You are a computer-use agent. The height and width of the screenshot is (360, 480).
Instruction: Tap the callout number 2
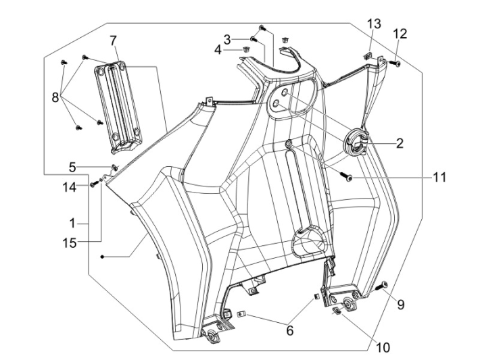coord(400,143)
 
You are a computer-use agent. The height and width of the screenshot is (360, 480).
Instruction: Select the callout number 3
coord(227,38)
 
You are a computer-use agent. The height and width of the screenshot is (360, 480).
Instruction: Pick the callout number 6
coord(289,330)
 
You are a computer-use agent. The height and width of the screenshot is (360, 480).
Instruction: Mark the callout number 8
coord(55,97)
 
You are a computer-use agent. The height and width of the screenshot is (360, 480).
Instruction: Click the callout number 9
coord(400,305)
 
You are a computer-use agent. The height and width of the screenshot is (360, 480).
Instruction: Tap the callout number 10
coord(383,348)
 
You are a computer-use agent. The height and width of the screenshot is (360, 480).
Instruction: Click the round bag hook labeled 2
coord(359,143)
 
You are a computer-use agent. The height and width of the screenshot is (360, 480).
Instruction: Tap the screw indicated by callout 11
coord(347,177)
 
